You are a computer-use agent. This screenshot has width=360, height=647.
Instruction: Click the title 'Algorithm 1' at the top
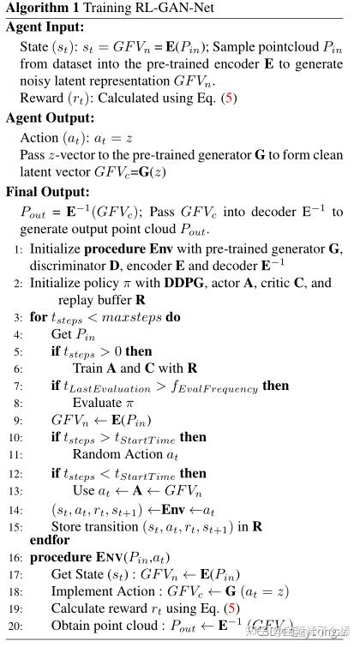[40, 9]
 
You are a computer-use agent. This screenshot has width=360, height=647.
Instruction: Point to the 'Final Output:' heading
[47, 192]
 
